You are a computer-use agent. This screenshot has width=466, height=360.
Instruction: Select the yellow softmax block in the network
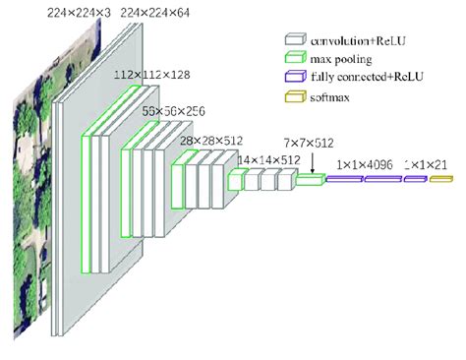438,179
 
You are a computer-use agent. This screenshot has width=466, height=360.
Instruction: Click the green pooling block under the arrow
310,179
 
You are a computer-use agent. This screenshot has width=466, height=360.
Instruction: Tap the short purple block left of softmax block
413,179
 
